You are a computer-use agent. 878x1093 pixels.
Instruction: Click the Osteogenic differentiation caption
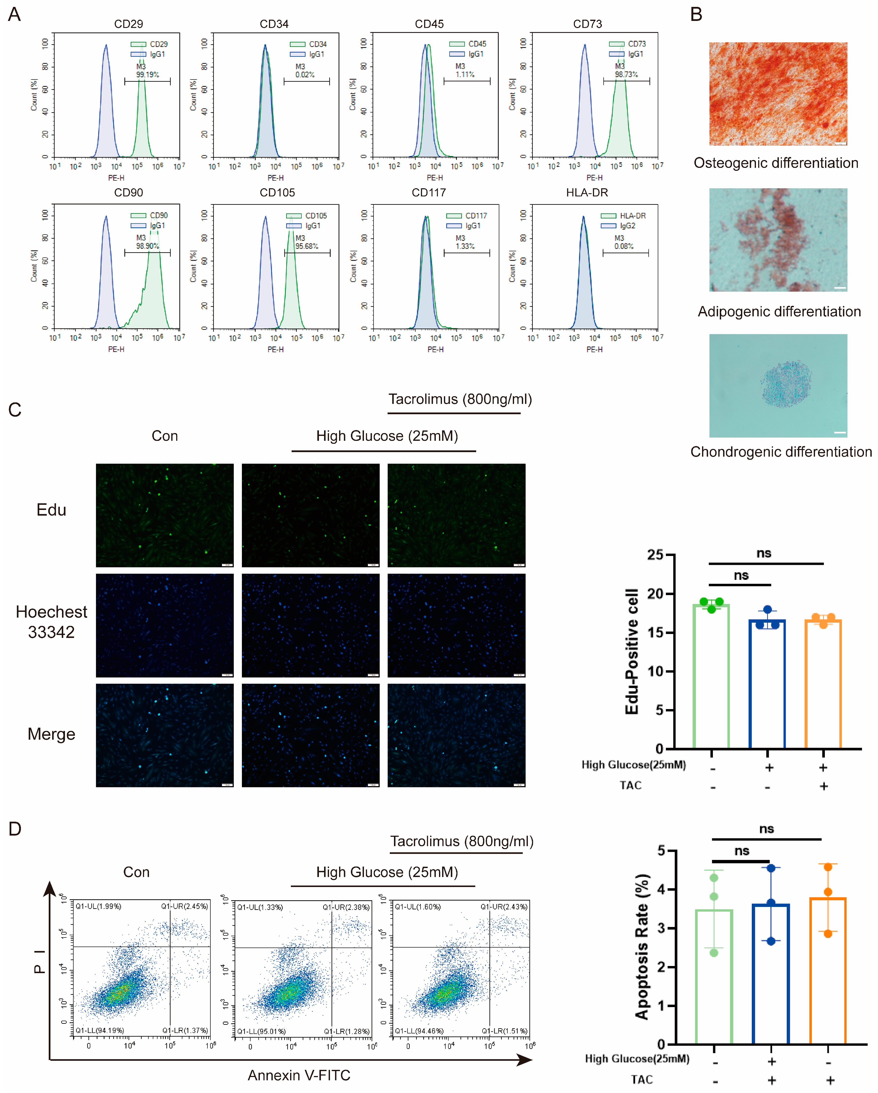(776, 163)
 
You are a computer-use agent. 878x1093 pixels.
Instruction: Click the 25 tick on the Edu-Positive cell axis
(655, 554)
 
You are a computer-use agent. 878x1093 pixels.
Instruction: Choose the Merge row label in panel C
(51, 734)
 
